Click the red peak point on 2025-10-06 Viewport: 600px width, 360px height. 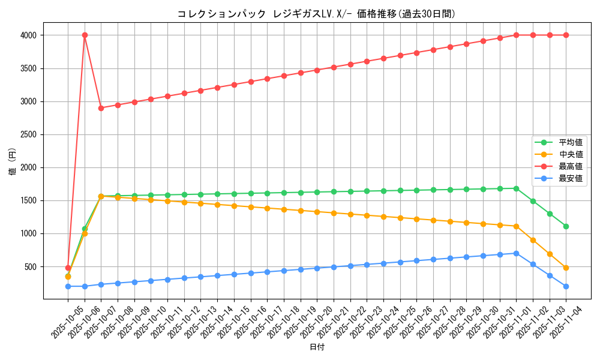[x=85, y=35]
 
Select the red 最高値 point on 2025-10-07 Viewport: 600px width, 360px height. [x=101, y=108]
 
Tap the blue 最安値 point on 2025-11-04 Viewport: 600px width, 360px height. [x=566, y=286]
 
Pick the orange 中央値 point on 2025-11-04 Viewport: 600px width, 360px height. [x=566, y=268]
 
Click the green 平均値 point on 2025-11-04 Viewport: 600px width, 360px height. [x=566, y=226]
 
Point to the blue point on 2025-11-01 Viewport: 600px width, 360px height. [x=516, y=253]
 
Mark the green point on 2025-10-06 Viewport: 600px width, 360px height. [x=85, y=229]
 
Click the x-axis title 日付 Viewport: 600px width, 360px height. [x=317, y=347]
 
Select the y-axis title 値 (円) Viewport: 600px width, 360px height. [x=13, y=162]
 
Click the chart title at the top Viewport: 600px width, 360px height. [x=316, y=14]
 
